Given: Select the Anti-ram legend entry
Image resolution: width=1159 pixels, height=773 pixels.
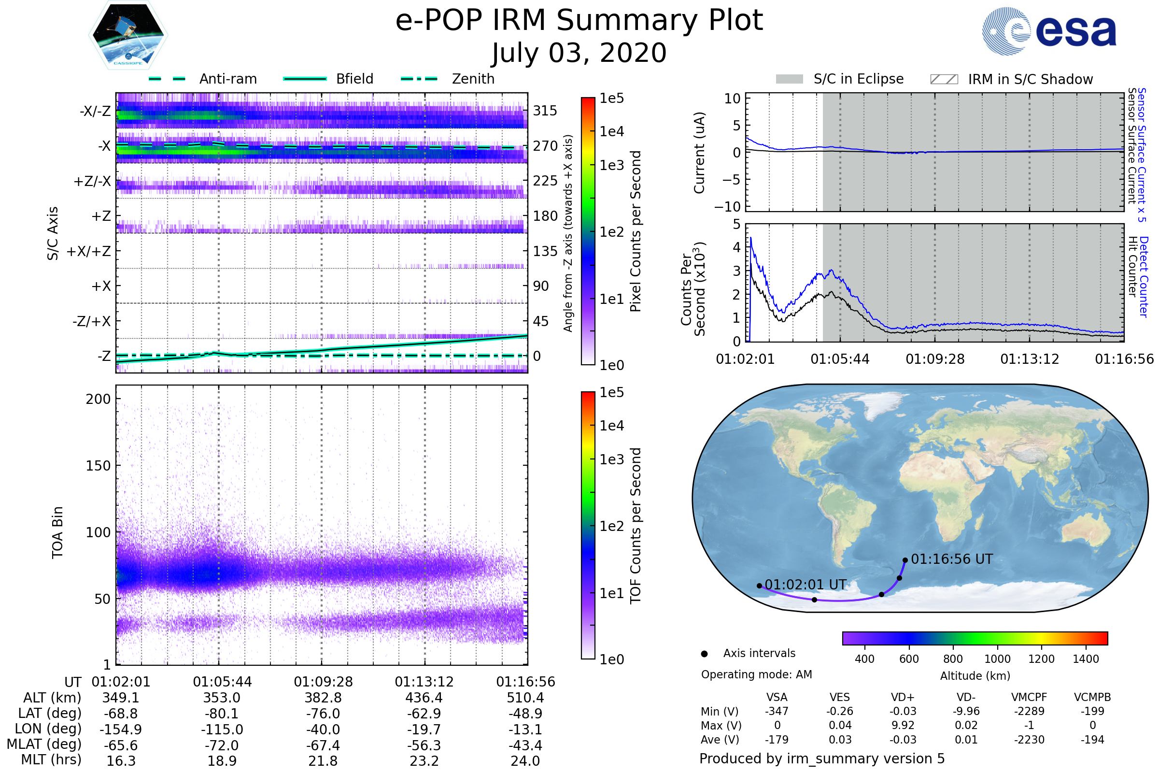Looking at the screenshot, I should coord(227,79).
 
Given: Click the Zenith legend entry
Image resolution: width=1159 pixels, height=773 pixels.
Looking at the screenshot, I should coord(473,79).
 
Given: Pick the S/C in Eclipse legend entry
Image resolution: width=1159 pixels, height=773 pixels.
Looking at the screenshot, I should coord(858,79).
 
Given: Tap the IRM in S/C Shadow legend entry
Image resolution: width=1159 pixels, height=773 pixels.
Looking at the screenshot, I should coord(1030,79).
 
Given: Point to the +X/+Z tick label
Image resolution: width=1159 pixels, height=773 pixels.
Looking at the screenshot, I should coord(89,251).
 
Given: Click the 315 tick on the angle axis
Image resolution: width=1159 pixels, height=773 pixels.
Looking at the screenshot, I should coord(545,111).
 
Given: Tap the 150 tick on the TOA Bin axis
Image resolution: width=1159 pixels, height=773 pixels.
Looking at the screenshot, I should coord(98,466).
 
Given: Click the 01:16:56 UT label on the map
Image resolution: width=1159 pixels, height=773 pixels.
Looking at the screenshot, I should coord(951,559).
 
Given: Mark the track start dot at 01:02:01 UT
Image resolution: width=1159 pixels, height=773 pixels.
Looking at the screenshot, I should coord(759,586).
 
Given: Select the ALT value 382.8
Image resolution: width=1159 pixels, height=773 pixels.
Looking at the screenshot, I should coord(323,698).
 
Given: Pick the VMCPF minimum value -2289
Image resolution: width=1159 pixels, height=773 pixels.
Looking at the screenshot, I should coord(1029,711).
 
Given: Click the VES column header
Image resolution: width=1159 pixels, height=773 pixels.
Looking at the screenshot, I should coord(840,697).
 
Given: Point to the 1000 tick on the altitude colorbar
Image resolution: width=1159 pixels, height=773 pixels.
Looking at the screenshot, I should coord(997,659).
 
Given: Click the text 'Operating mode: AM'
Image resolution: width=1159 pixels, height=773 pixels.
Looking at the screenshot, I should coord(756,674).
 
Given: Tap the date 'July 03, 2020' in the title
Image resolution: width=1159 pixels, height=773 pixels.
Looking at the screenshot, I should coord(579,53).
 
